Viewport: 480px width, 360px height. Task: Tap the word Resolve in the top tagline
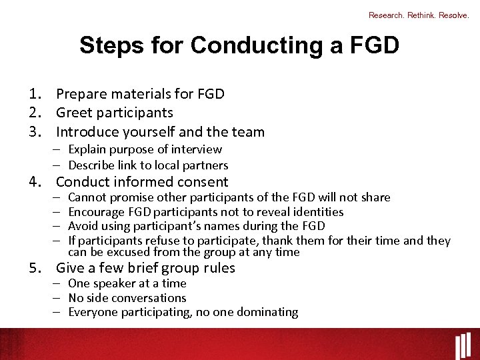point(453,15)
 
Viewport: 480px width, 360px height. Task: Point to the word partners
point(205,165)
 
